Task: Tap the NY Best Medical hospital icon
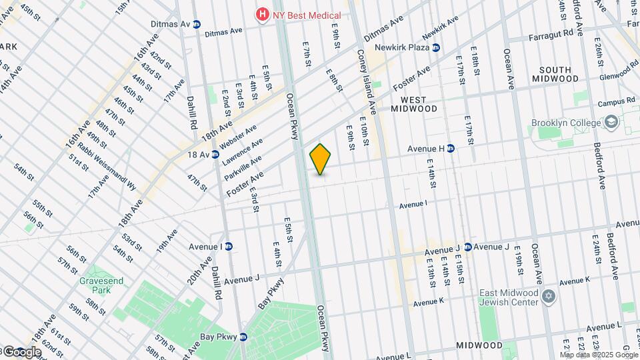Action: pyautogui.click(x=263, y=14)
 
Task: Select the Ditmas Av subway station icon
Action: pyautogui.click(x=197, y=25)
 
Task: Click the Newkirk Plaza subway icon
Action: pyautogui.click(x=435, y=47)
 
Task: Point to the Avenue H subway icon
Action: pyautogui.click(x=451, y=149)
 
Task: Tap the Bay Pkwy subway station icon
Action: pyautogui.click(x=243, y=337)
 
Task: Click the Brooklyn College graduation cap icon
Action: pyautogui.click(x=611, y=123)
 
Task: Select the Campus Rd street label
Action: pyautogui.click(x=615, y=102)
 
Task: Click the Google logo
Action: pyautogui.click(x=21, y=352)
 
